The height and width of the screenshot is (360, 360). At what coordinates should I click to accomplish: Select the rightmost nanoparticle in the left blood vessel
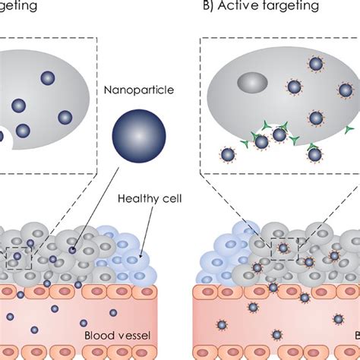click(x=113, y=312)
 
